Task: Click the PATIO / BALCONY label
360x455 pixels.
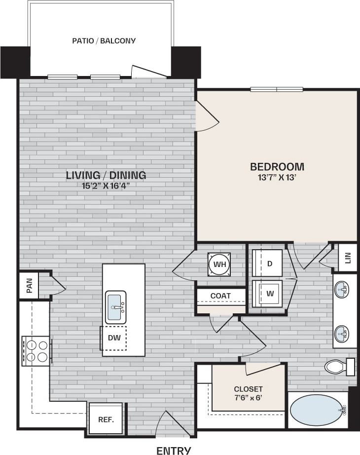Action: point(104,41)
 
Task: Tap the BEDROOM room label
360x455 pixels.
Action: point(277,166)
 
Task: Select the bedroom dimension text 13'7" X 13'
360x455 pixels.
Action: point(277,178)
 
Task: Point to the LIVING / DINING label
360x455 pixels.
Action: point(106,175)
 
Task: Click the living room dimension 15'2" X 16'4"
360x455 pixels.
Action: point(106,186)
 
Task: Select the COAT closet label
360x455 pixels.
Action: point(220,296)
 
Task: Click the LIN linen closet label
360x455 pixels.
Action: point(347,258)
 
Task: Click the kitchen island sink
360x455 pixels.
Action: point(116,307)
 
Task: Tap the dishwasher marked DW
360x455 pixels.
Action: point(113,338)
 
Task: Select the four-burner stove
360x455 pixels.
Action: point(36,351)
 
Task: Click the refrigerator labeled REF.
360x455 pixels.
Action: point(106,420)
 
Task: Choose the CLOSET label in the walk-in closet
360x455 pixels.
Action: point(248,389)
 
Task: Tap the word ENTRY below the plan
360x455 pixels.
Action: point(173,450)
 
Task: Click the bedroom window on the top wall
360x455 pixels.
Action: point(276,89)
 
